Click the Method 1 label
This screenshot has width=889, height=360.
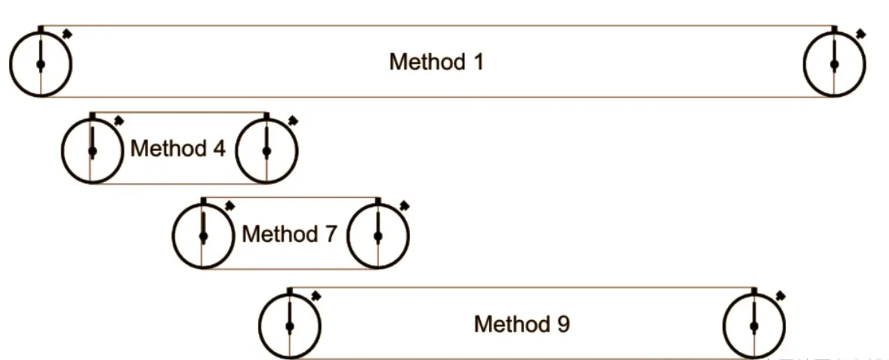tap(436, 62)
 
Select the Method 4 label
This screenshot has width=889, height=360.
tap(178, 149)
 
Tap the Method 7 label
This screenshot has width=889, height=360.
tap(289, 234)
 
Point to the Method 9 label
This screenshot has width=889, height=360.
tap(521, 325)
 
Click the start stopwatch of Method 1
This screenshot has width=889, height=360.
tap(40, 65)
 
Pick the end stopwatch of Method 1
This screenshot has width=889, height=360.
tap(834, 65)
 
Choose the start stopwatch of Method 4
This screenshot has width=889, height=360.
tap(92, 151)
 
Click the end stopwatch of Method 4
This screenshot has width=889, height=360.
tap(266, 151)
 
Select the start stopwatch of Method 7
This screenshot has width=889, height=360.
tap(203, 236)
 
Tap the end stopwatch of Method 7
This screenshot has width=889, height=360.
tap(378, 236)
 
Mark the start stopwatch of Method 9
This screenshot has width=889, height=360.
tap(290, 326)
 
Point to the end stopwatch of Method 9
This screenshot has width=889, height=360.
tap(754, 326)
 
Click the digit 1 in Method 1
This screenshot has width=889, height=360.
tap(477, 62)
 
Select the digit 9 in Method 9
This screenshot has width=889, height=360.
tap(563, 325)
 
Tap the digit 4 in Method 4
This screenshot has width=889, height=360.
tap(218, 149)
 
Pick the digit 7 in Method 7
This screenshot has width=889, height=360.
tap(330, 234)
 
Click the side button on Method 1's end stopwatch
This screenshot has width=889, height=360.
tap(860, 33)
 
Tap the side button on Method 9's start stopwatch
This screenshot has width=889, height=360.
tap(316, 295)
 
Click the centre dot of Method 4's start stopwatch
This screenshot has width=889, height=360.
tap(92, 151)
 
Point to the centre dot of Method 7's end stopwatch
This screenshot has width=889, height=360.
tap(378, 237)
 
